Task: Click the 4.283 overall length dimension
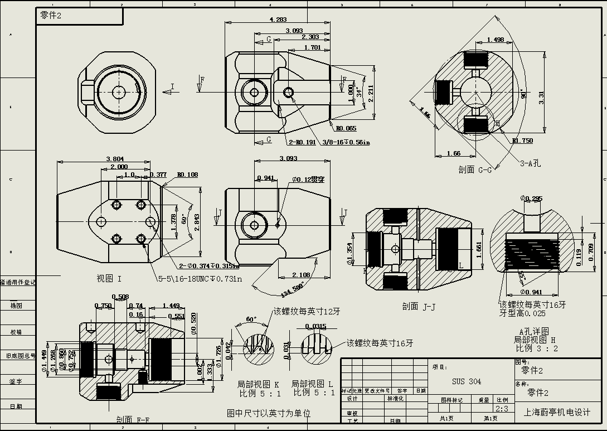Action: tap(278, 20)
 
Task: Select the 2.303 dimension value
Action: tap(310, 37)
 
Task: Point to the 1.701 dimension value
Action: tap(312, 47)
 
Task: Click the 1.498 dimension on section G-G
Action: tap(495, 40)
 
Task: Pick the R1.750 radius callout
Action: tap(522, 141)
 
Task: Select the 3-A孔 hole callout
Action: tap(530, 163)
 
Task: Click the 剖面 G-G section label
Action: tap(475, 170)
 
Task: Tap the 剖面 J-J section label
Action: tap(418, 306)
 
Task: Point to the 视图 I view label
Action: tap(109, 278)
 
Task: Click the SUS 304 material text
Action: tap(467, 382)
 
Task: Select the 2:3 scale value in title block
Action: tap(502, 409)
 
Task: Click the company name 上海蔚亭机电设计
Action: tap(557, 413)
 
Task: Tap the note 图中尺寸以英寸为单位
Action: tap(269, 413)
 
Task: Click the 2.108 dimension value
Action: tap(302, 275)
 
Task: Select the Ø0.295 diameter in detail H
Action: tap(531, 198)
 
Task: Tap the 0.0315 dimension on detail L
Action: tap(316, 326)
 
